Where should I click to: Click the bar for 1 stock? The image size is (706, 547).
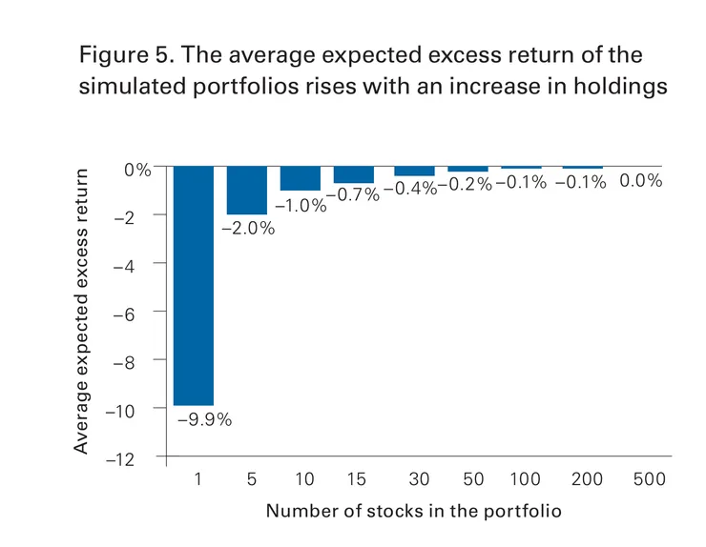[194, 286]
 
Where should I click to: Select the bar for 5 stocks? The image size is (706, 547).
[247, 190]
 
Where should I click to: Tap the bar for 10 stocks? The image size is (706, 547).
[301, 178]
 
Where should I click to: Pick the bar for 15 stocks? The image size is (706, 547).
[354, 174]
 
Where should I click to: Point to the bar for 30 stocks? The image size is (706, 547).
[414, 171]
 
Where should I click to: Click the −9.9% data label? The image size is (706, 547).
[205, 419]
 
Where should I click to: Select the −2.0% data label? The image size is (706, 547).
[248, 229]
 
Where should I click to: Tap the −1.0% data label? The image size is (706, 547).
[300, 204]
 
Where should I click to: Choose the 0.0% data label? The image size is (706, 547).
[640, 180]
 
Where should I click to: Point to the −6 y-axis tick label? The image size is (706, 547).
[135, 312]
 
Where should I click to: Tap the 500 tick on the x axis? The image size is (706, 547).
[648, 479]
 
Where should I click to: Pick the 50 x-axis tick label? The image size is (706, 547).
[473, 479]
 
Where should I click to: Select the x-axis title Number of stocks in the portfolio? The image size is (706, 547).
[414, 511]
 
